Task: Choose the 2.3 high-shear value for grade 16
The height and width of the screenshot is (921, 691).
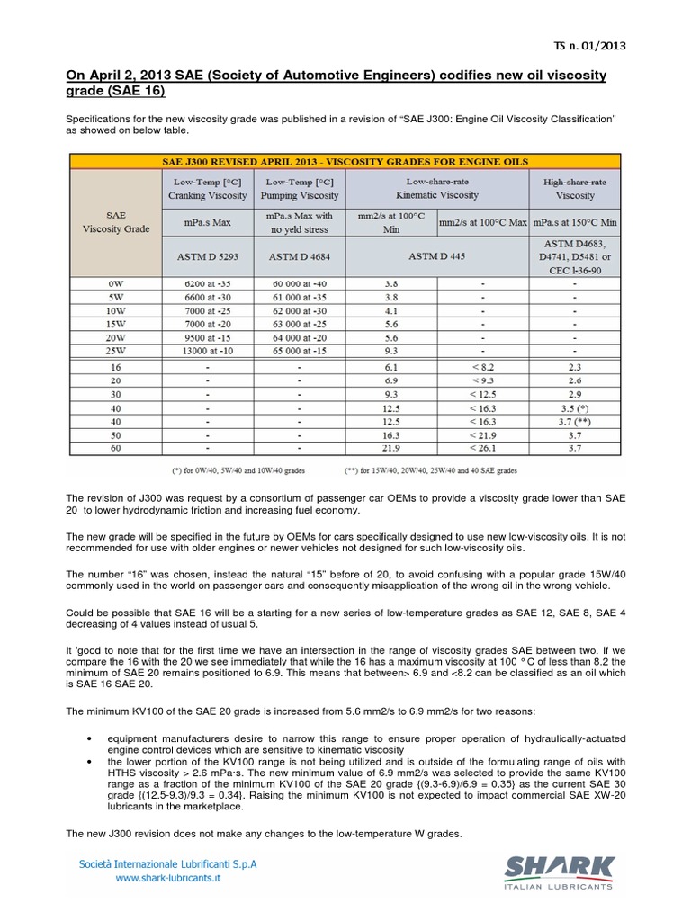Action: (x=575, y=368)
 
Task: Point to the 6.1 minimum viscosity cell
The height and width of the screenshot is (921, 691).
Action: (x=391, y=368)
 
